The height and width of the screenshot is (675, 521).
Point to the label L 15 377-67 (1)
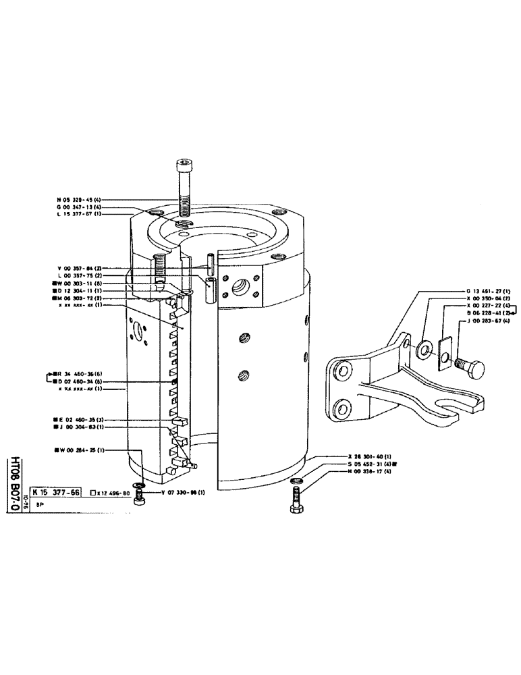(79, 214)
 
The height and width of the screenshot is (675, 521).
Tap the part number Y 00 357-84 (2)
(79, 268)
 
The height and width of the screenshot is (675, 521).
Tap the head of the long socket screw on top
(183, 164)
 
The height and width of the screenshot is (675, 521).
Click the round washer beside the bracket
(426, 349)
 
